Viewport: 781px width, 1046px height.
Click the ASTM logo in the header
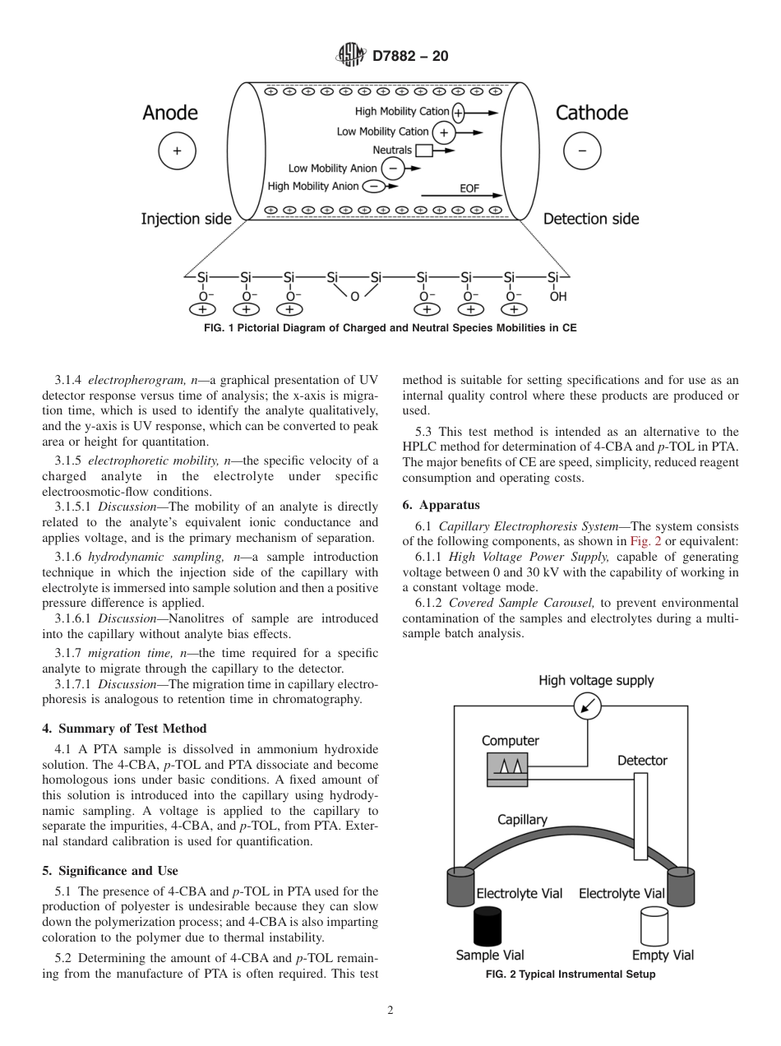click(x=351, y=56)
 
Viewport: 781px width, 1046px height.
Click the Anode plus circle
click(x=177, y=151)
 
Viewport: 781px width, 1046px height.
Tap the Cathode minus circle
click(x=582, y=151)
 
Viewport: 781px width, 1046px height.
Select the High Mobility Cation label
click(x=402, y=112)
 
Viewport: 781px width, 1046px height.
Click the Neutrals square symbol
click(x=423, y=150)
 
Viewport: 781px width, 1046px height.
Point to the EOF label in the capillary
click(x=469, y=188)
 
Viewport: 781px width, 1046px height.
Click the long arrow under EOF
click(x=460, y=197)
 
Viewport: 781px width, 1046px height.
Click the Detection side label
click(x=590, y=219)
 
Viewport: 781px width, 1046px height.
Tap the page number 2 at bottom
click(x=390, y=1011)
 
